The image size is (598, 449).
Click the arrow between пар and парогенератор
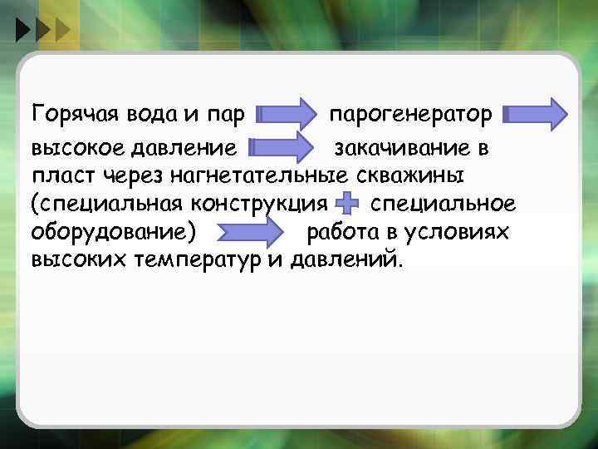click(x=287, y=114)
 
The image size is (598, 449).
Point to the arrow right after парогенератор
click(x=536, y=114)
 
